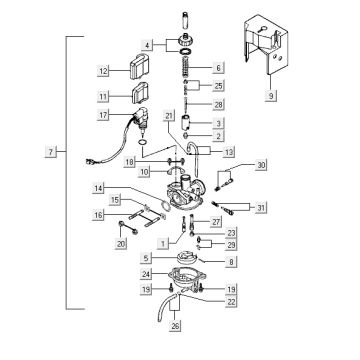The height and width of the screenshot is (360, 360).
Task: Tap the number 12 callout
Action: point(104,72)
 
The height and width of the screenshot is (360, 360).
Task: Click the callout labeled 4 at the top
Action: point(147,45)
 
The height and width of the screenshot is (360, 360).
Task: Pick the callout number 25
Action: point(231,87)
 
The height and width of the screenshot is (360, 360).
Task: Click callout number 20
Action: point(121,243)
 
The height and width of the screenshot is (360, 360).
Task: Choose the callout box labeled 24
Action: point(147,273)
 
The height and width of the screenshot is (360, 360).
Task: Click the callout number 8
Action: point(232,261)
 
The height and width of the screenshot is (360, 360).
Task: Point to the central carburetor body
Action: point(190,195)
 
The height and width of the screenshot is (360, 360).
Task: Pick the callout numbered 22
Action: point(231,300)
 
